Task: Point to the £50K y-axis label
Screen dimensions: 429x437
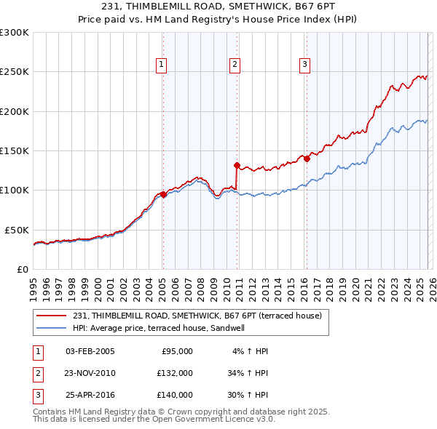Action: click(x=17, y=230)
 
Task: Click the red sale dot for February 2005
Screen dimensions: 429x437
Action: click(x=163, y=194)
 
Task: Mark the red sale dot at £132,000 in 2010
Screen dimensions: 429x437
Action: click(x=237, y=165)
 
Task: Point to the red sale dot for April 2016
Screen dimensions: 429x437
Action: click(x=307, y=159)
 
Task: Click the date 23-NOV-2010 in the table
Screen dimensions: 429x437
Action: click(x=90, y=373)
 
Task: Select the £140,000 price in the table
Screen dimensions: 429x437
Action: click(x=174, y=395)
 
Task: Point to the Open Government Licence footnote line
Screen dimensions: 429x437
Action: click(x=154, y=420)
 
